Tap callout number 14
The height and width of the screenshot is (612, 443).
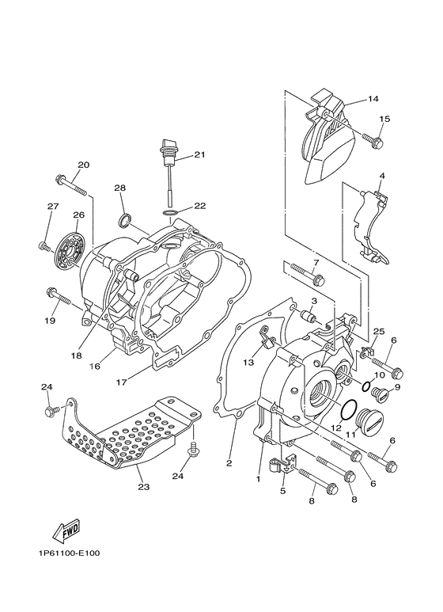[x=373, y=99]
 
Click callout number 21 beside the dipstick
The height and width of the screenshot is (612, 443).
[x=199, y=154]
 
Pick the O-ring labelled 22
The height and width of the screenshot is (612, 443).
[x=169, y=213]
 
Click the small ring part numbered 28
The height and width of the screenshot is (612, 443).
[x=125, y=219]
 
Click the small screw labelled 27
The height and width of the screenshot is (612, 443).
[x=44, y=247]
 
